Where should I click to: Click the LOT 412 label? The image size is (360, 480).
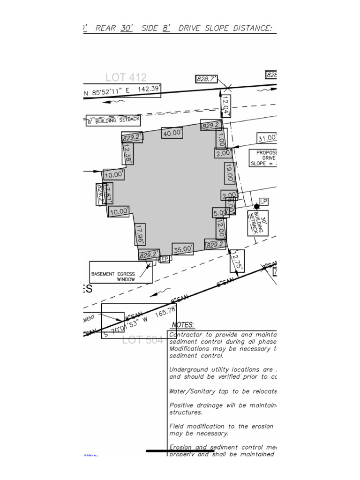[x=126, y=77]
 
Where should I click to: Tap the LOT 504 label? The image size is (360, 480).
[x=142, y=340]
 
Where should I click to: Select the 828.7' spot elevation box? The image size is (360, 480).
[x=206, y=79]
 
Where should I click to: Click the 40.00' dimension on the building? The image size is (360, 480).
[x=172, y=133]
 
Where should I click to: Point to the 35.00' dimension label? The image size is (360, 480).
[x=182, y=249]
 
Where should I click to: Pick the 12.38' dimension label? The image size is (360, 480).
[x=127, y=153]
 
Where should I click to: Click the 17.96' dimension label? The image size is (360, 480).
[x=139, y=234]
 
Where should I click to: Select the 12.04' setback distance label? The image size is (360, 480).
[x=225, y=105]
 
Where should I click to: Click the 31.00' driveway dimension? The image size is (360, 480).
[x=266, y=138]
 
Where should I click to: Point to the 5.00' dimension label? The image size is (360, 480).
[x=220, y=212]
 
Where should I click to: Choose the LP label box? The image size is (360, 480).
[x=263, y=202]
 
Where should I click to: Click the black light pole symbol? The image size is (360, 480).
[x=256, y=206]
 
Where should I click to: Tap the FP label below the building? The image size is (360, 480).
[x=165, y=259]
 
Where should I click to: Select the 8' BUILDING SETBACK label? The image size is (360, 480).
[x=113, y=120]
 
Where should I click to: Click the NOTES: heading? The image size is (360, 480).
[x=183, y=325]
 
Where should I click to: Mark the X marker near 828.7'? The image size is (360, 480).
[x=227, y=88]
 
